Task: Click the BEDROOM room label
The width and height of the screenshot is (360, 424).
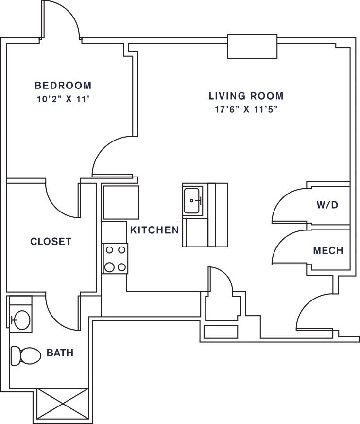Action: pyautogui.click(x=63, y=86)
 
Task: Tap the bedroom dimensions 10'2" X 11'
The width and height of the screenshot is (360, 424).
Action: pyautogui.click(x=63, y=99)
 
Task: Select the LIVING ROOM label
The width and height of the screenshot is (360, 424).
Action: pyautogui.click(x=246, y=96)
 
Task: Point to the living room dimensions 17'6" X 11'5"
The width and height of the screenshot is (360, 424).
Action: pyautogui.click(x=246, y=109)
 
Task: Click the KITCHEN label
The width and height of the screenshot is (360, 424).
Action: pyautogui.click(x=154, y=230)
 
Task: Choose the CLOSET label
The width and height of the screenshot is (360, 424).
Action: pyautogui.click(x=51, y=241)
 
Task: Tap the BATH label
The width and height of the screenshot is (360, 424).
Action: pyautogui.click(x=60, y=353)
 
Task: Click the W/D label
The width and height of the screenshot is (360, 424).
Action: pyautogui.click(x=327, y=205)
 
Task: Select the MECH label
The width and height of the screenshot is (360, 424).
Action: pyautogui.click(x=328, y=251)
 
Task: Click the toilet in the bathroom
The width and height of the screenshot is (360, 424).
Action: pyautogui.click(x=26, y=355)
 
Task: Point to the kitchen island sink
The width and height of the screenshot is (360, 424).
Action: pyautogui.click(x=193, y=201)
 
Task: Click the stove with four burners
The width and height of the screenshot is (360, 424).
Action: pyautogui.click(x=115, y=259)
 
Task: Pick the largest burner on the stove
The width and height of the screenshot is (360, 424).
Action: pyautogui.click(x=109, y=267)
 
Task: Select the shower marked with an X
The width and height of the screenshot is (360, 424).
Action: pyautogui.click(x=63, y=404)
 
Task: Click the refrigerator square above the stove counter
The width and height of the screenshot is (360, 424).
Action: pyautogui.click(x=121, y=202)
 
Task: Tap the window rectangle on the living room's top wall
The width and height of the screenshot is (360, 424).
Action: pyautogui.click(x=253, y=47)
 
